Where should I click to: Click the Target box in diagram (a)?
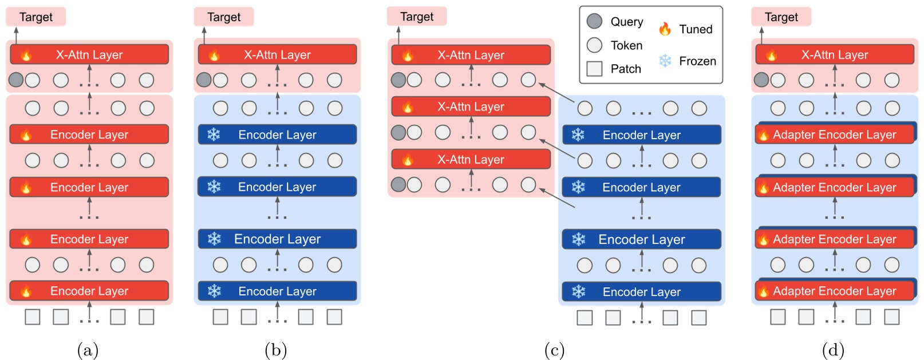point(35,17)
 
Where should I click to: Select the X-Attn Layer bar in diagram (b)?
point(277,55)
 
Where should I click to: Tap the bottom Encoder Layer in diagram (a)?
point(89,291)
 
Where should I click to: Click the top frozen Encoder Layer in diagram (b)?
point(277,134)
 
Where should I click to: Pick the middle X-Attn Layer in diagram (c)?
point(471,106)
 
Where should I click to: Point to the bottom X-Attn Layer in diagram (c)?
point(471,159)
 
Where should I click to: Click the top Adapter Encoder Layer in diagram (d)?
point(834,135)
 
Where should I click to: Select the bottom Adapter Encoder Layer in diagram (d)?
point(834,291)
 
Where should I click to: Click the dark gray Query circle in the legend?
point(594,21)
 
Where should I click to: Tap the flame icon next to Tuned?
point(665,29)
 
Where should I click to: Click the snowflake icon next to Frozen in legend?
point(665,61)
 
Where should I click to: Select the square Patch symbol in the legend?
point(594,69)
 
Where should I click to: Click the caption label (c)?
point(554,350)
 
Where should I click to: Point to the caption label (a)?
point(88,350)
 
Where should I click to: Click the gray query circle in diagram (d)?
point(761,80)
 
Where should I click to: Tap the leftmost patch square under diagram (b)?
point(220,317)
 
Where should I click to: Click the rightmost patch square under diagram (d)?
point(891,317)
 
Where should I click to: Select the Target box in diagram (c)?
point(417,17)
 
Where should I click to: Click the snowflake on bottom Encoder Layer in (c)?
point(578,291)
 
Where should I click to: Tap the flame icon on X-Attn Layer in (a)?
point(26,55)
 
